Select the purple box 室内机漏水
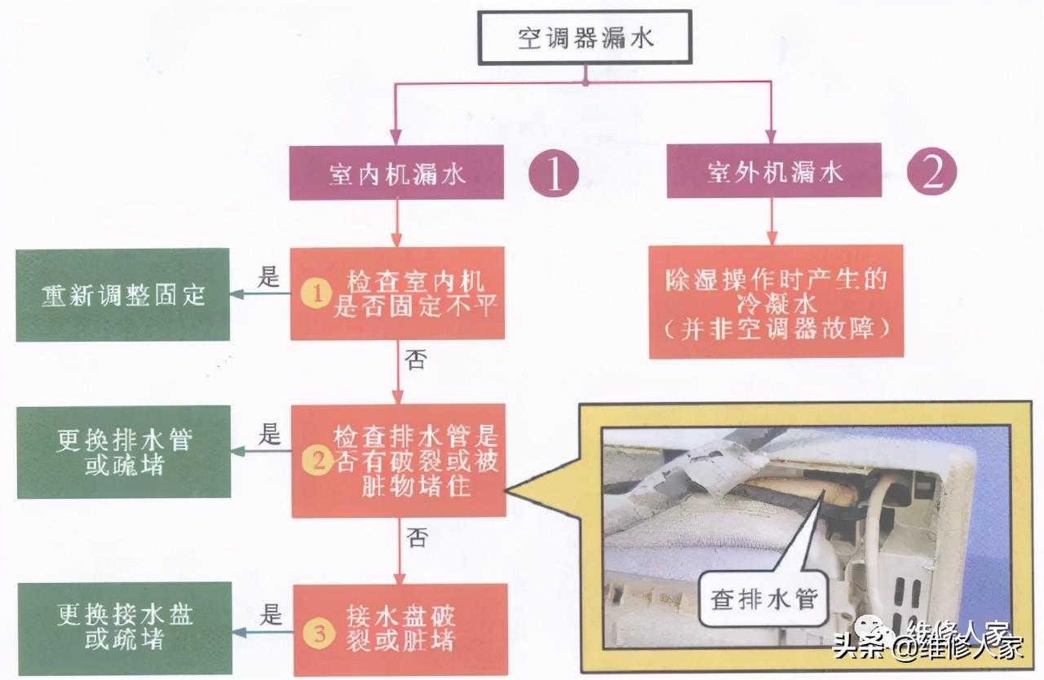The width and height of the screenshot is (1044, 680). (397, 172)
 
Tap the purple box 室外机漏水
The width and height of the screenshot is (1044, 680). (773, 170)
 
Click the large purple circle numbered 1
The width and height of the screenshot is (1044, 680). (555, 174)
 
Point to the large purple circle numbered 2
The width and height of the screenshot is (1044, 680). (932, 170)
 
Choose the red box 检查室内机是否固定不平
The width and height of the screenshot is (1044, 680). (398, 294)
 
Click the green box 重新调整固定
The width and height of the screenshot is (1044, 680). (123, 294)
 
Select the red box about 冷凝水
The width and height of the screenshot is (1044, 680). (776, 301)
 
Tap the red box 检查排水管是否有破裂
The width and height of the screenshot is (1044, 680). (399, 461)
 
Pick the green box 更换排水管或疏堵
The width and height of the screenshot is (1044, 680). (123, 452)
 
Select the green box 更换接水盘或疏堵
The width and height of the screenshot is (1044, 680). (123, 628)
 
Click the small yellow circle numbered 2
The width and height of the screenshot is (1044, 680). (315, 462)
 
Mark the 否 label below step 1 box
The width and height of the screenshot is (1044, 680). (415, 360)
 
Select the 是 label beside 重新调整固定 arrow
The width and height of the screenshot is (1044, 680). (268, 278)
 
